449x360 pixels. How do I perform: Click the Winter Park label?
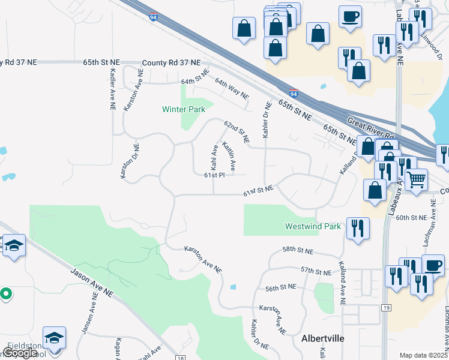coord(184,109)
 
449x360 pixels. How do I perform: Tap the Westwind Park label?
coord(312,226)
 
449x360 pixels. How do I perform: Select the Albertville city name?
coord(322,338)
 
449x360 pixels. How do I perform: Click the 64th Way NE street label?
coord(232,88)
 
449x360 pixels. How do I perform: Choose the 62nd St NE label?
coord(237,131)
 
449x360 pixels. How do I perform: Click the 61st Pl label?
coord(214,175)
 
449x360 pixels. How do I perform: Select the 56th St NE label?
coord(282,288)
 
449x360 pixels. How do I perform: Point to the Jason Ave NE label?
coord(92,283)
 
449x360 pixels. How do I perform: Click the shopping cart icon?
coord(415,179)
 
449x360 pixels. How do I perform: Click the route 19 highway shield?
coord(386,307)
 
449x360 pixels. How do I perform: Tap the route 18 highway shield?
coord(181,358)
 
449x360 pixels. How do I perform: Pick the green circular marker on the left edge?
coord(5,294)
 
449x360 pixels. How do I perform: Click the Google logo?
coord(20,353)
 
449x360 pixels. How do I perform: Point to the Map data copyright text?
coord(424,355)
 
